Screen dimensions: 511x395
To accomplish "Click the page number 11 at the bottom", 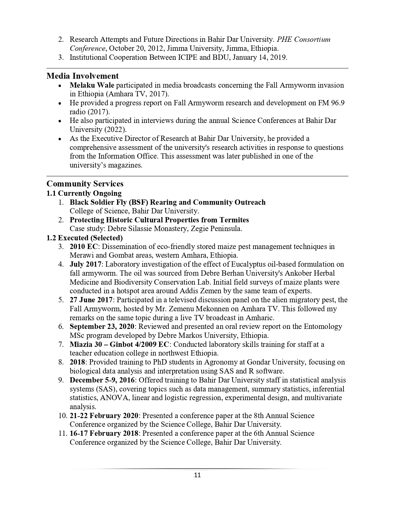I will pyautogui.click(x=197, y=475).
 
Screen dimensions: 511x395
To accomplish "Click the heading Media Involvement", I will pyautogui.click(x=82, y=76).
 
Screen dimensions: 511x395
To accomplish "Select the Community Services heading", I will pyautogui.click(x=85, y=184).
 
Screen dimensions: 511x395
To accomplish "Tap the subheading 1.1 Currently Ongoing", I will pyautogui.click(x=84, y=193).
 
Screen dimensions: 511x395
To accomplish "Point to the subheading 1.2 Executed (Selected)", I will pyautogui.click(x=84, y=238).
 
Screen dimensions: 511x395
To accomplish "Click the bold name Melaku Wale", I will pyautogui.click(x=92, y=85).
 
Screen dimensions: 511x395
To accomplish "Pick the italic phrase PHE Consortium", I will pyautogui.click(x=304, y=40).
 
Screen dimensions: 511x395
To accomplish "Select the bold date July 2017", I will pyautogui.click(x=86, y=264).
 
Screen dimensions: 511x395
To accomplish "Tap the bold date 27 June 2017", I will pyautogui.click(x=91, y=300).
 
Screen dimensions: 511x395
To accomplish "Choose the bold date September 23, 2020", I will pyautogui.click(x=102, y=326).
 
